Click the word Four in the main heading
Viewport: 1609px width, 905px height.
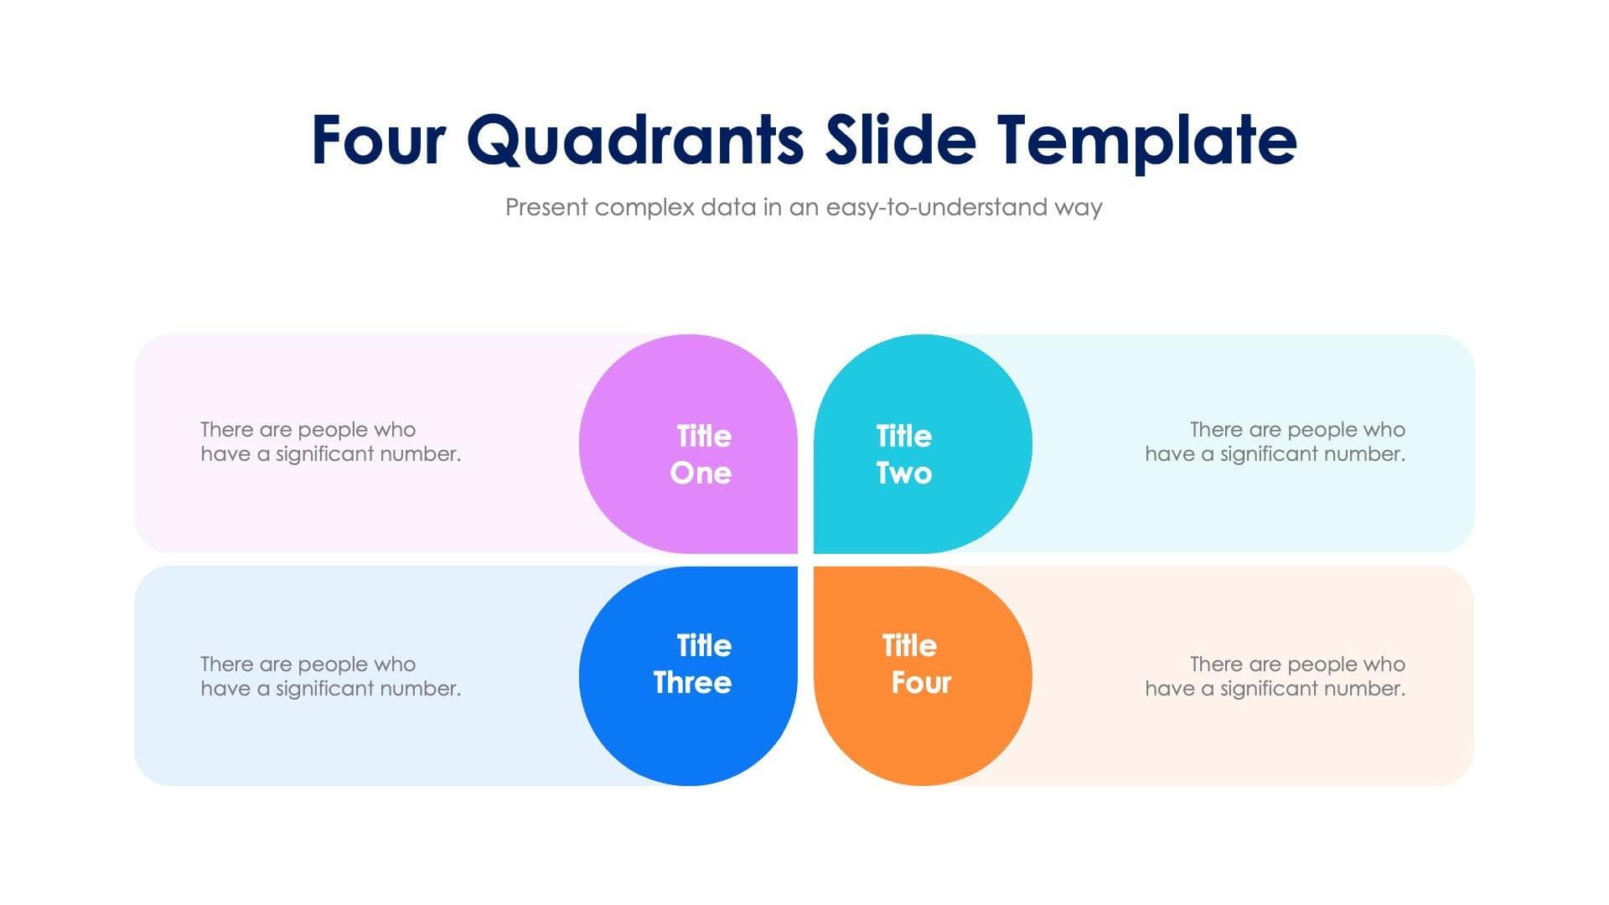(x=378, y=140)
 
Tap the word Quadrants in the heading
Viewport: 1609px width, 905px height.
(x=634, y=140)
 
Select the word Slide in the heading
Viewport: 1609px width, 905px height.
(x=900, y=140)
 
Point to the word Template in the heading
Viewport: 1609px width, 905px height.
(x=1146, y=140)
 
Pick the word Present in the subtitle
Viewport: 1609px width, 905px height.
(x=546, y=208)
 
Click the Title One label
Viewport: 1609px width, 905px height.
(x=702, y=454)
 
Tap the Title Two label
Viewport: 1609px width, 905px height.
(x=904, y=454)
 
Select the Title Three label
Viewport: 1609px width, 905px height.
(x=694, y=664)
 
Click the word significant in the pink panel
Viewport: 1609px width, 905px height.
(x=324, y=454)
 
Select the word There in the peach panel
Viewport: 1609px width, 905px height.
(x=1215, y=665)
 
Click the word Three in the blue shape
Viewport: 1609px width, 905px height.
(x=692, y=683)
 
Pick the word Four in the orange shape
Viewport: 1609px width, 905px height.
(x=921, y=683)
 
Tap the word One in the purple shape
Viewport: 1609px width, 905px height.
(x=701, y=473)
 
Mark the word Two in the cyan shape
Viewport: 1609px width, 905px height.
(x=904, y=473)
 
